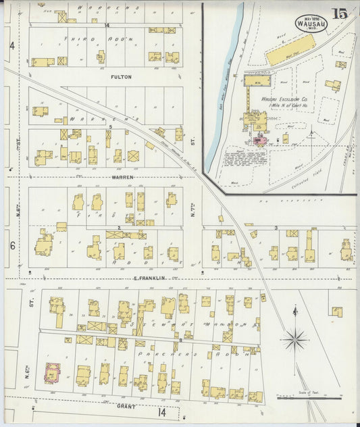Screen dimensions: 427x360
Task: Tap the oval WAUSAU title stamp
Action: click(309, 24)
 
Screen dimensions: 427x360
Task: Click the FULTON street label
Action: click(121, 77)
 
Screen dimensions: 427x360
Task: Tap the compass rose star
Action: click(295, 339)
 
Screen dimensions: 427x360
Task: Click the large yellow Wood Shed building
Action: click(290, 50)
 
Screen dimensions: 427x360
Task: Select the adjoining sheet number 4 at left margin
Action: click(12, 47)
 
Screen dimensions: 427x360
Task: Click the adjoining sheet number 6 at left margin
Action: click(12, 246)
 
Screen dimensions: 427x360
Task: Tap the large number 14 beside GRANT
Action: click(161, 412)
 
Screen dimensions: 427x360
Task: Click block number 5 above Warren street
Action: click(110, 126)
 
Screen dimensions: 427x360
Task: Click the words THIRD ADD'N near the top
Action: click(105, 40)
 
